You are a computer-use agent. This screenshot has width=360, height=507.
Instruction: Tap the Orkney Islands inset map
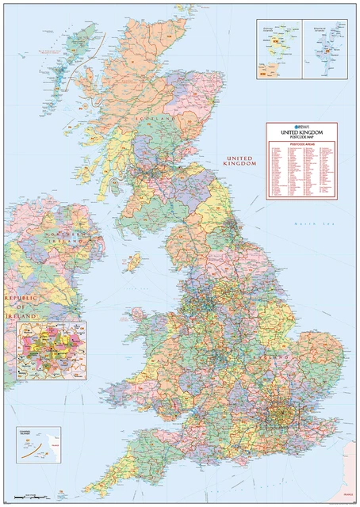(x=278, y=48)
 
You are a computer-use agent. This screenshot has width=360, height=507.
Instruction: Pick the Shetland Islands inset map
(x=326, y=48)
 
